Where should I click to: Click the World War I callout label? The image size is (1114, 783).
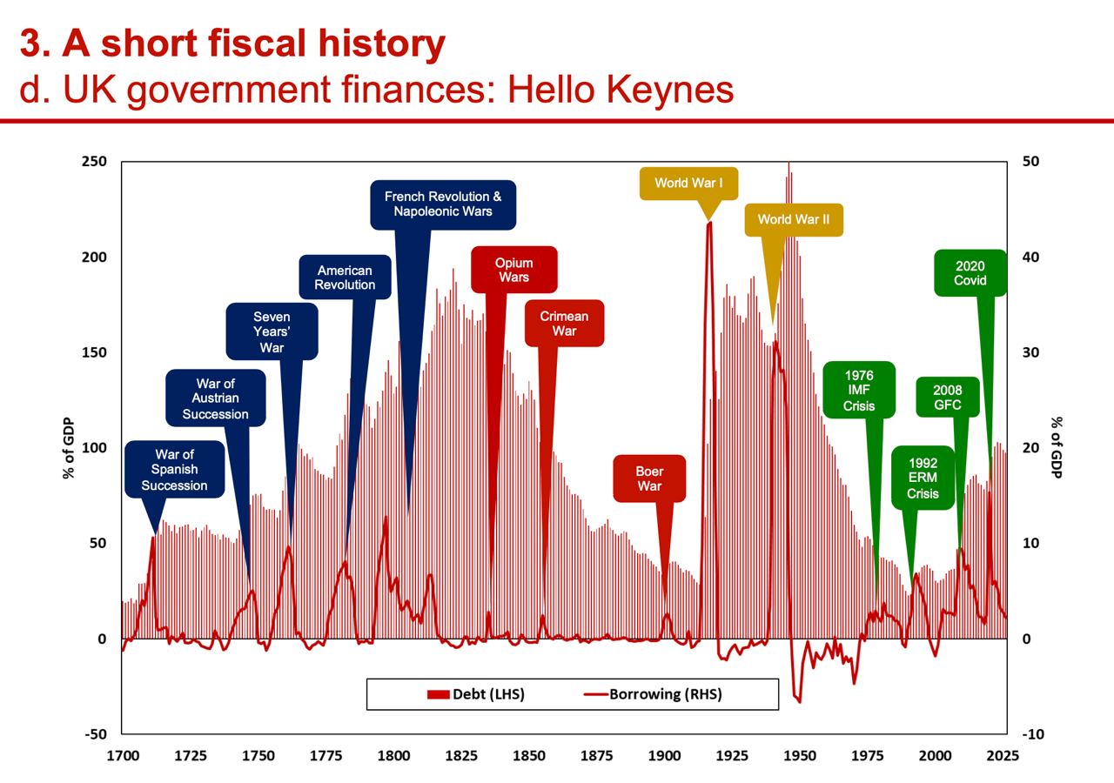689,184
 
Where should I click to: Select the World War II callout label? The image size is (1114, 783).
793,219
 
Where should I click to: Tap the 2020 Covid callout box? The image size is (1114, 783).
970,273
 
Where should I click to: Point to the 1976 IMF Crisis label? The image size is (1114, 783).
858,391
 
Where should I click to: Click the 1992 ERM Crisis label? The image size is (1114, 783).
923,478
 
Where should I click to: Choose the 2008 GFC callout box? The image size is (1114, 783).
947,398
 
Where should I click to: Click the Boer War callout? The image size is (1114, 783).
649,478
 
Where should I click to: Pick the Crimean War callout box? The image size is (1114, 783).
564,324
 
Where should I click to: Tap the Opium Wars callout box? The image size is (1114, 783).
513,270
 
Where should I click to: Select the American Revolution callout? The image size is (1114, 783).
345,278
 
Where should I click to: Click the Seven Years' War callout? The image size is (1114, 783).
272,332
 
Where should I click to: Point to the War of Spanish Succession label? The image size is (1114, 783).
174,469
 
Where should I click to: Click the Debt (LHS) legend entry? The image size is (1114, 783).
476,694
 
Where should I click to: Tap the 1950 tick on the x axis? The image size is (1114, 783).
800,755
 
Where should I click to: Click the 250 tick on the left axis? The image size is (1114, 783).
95,162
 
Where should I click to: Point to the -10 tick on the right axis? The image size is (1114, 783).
1033,734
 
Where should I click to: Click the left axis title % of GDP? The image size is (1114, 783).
68,448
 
